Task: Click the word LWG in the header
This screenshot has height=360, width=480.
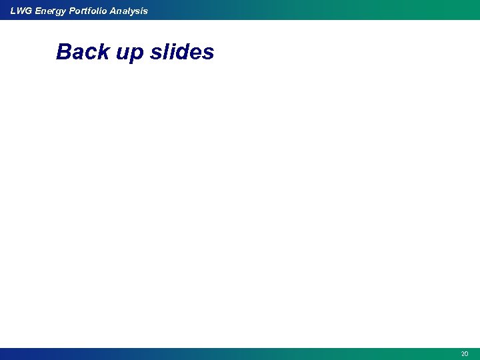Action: coord(20,11)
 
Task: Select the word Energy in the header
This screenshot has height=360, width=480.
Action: coord(49,11)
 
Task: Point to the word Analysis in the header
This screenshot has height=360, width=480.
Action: coord(129,11)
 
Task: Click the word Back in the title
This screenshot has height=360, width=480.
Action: coord(82,52)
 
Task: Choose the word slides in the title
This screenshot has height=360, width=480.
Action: coord(182,52)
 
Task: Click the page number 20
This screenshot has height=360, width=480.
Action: coord(465,354)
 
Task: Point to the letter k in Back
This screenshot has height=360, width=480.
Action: coord(103,52)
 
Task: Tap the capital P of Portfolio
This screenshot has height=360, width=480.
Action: coord(72,11)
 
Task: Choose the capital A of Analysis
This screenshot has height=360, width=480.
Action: coord(114,11)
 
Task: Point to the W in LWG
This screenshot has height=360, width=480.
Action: coord(20,11)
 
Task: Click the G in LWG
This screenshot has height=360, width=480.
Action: coord(29,11)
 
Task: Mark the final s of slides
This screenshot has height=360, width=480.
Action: coord(209,53)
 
